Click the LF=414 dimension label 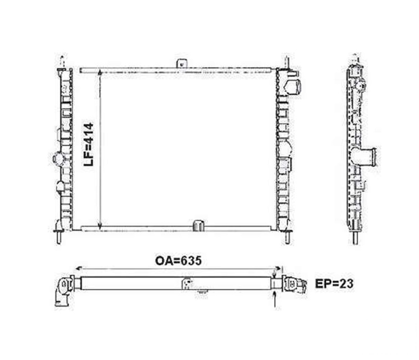click(89, 144)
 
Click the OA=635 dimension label click(179, 261)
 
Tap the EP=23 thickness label click(334, 284)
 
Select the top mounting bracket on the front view click(182, 63)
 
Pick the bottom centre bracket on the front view click(200, 225)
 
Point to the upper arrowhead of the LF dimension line click(100, 72)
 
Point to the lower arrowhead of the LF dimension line click(100, 227)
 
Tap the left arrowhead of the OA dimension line click(78, 268)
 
